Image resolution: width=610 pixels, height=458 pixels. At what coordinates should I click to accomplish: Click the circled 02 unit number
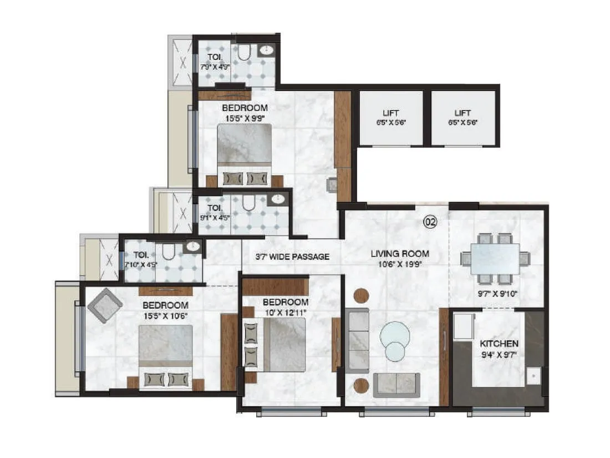(x=430, y=222)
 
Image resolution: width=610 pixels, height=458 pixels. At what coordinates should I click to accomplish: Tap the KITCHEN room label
(x=499, y=344)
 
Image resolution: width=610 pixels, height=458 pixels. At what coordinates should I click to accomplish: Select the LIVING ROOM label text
(x=400, y=254)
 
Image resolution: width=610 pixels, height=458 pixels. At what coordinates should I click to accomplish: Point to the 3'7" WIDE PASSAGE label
(x=292, y=256)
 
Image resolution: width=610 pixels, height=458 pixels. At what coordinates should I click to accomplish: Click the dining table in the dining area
(x=495, y=259)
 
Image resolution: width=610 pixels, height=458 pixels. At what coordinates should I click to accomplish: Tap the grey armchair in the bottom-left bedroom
(x=105, y=305)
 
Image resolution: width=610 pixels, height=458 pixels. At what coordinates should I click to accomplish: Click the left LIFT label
(x=390, y=112)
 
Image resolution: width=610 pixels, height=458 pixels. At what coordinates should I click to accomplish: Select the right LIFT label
(x=462, y=112)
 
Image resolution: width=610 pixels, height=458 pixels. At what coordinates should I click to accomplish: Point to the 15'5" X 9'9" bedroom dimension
(x=245, y=118)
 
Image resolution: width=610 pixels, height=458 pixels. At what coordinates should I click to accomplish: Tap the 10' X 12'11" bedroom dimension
(x=285, y=312)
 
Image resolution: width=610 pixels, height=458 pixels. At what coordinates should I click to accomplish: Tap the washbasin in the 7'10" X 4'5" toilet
(x=192, y=246)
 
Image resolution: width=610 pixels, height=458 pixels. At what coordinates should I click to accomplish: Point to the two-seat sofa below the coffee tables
(x=396, y=384)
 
